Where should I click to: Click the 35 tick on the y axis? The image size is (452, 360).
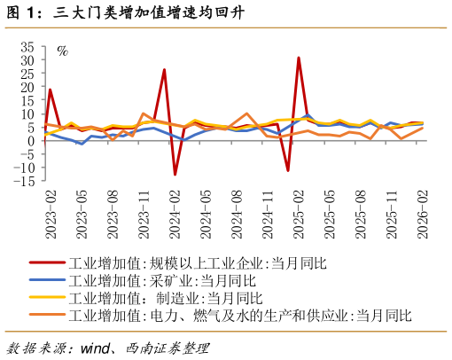[x=27, y=47]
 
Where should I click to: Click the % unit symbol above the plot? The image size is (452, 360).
[x=62, y=51]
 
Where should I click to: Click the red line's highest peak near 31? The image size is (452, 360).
[x=299, y=58]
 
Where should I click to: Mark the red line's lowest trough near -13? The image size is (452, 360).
[x=175, y=175]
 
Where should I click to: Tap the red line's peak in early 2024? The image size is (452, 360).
[x=164, y=70]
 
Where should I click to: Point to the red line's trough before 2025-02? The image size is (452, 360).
[x=288, y=170]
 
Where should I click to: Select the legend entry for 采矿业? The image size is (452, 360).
[x=159, y=280]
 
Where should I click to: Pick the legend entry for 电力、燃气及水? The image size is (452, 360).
[x=239, y=315]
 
